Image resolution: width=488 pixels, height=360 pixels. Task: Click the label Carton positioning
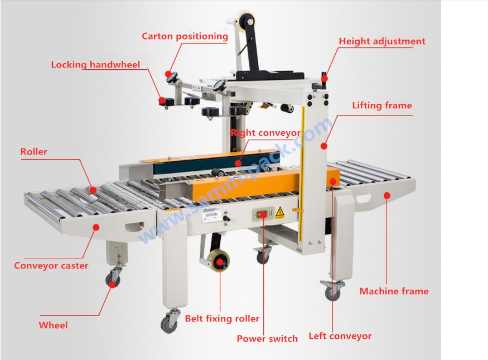coord(185,36)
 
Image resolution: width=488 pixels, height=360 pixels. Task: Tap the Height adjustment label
coord(382,41)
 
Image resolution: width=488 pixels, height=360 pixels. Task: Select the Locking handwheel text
coord(95,64)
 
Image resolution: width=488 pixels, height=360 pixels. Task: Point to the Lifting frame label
coord(382,105)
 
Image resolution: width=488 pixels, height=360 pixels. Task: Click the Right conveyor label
coord(265,133)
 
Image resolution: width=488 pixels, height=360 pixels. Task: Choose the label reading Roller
coord(34,152)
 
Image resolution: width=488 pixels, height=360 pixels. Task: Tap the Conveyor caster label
coord(51,266)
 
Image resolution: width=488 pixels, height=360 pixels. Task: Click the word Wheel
coord(53,325)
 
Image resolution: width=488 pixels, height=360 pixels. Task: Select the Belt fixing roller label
coord(222,319)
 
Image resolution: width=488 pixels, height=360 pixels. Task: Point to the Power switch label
coord(267,339)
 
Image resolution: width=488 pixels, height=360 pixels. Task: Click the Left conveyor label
coord(340,336)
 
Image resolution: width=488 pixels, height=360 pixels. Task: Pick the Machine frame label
coord(394,291)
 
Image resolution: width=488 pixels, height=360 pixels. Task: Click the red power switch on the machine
coord(262,214)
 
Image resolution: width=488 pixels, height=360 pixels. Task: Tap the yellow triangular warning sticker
coord(279,212)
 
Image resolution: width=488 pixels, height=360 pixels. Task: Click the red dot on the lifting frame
coord(324,146)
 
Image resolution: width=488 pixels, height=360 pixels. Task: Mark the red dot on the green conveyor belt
coord(238,163)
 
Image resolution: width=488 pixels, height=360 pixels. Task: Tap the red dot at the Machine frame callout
coord(387,195)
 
